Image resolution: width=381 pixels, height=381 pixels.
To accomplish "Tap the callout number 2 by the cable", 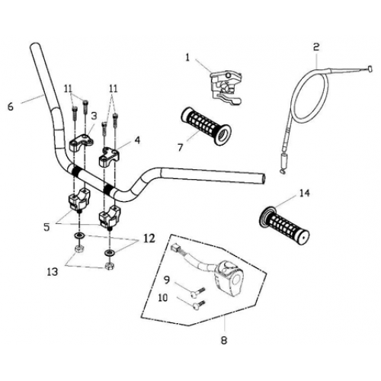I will [x=315, y=46].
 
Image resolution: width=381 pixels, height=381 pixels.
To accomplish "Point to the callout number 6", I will [x=11, y=107].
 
